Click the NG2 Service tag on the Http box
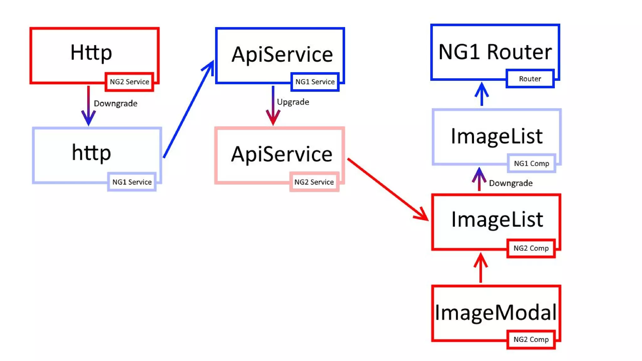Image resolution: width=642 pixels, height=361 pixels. click(x=129, y=82)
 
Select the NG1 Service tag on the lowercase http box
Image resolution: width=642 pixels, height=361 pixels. click(x=132, y=182)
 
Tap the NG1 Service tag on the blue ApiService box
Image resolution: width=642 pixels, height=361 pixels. click(x=315, y=82)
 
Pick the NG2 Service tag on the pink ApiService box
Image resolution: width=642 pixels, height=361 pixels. click(x=314, y=182)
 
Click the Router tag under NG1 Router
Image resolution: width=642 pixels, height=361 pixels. click(x=530, y=79)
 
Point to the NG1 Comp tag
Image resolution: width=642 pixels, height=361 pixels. click(x=531, y=163)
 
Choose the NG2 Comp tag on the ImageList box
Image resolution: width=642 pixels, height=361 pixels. click(x=531, y=248)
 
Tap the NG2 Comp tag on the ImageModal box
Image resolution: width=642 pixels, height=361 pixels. click(x=531, y=339)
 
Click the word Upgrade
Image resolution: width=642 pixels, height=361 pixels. click(x=293, y=102)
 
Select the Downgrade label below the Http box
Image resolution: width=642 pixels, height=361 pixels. click(x=115, y=103)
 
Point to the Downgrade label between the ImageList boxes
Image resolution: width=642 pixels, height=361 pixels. click(x=510, y=183)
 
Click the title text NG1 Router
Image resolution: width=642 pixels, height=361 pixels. click(x=495, y=52)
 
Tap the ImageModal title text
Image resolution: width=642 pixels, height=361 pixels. click(x=495, y=313)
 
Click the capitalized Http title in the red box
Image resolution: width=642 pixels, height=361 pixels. click(x=91, y=52)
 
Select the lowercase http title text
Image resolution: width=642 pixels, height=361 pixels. click(x=91, y=153)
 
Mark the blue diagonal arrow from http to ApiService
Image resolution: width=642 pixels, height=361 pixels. click(x=188, y=110)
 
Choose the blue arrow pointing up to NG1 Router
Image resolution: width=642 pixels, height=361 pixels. click(x=481, y=94)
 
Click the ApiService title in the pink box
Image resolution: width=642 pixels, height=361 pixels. click(x=282, y=154)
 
